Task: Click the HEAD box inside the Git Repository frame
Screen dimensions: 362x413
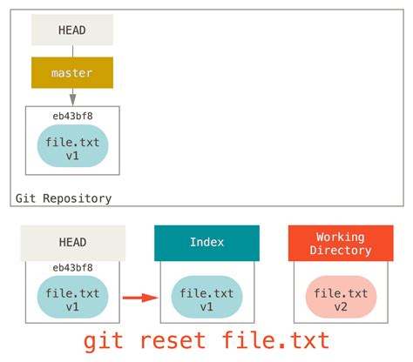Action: pyautogui.click(x=72, y=30)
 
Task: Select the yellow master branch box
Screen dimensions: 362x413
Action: pyautogui.click(x=72, y=73)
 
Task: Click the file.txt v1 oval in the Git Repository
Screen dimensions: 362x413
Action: pyautogui.click(x=72, y=146)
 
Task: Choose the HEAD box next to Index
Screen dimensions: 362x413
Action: pyautogui.click(x=72, y=244)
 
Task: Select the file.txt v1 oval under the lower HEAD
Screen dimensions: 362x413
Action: pyautogui.click(x=72, y=299)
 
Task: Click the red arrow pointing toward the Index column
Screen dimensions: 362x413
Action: pyautogui.click(x=139, y=299)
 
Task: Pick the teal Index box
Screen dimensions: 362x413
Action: pyautogui.click(x=206, y=244)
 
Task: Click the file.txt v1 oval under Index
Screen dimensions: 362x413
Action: pyautogui.click(x=206, y=299)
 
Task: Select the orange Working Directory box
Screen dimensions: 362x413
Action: pyautogui.click(x=340, y=244)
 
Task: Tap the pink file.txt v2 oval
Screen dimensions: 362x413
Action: pyautogui.click(x=340, y=299)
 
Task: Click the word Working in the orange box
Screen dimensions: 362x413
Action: pyautogui.click(x=340, y=237)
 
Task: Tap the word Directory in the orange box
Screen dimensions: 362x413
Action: pyautogui.click(x=340, y=251)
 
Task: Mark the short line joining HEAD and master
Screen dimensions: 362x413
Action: pyautogui.click(x=72, y=51)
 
